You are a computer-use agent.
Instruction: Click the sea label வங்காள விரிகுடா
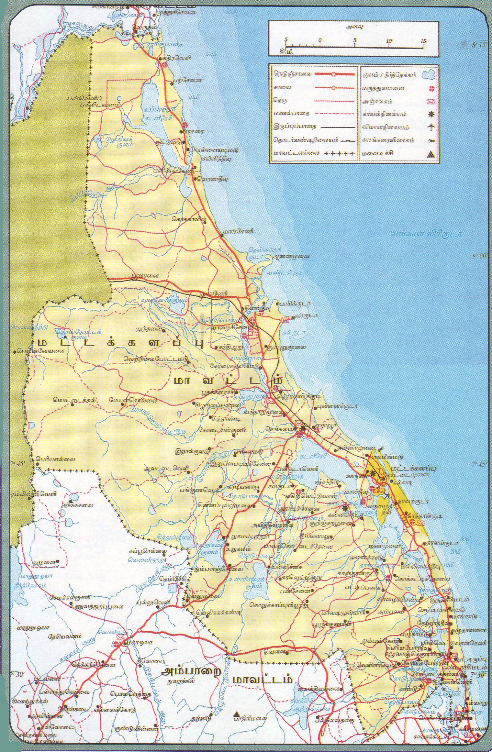(425, 234)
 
